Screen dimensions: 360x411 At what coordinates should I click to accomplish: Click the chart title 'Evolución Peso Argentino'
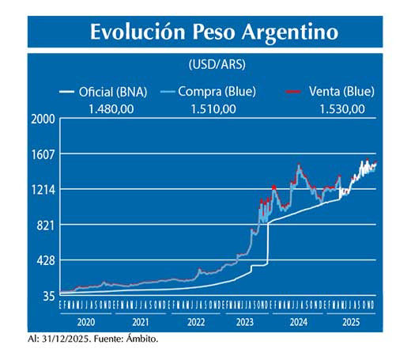[213, 32]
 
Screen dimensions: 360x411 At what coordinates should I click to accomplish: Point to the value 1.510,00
[213, 108]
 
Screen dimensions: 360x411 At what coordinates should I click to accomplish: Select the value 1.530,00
[342, 108]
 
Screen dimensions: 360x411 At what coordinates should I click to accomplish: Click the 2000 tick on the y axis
[42, 119]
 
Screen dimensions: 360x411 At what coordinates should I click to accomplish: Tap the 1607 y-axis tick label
[42, 154]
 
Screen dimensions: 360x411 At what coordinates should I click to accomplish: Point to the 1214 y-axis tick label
[42, 190]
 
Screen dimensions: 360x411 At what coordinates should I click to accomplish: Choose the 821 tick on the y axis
[44, 225]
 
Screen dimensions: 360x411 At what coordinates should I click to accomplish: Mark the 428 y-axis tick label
[44, 260]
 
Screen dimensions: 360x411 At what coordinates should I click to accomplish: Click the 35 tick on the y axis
[47, 296]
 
